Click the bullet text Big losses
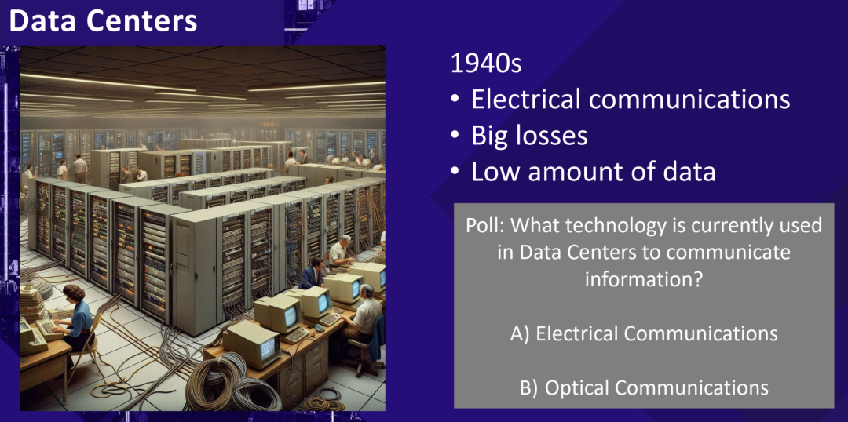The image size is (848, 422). [529, 136]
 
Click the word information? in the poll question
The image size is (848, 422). [643, 280]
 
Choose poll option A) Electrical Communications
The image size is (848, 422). [644, 333]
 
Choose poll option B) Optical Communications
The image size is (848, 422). [643, 388]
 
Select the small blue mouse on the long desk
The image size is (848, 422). [320, 327]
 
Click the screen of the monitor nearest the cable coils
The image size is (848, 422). [267, 351]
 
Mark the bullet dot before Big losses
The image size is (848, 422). [455, 137]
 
